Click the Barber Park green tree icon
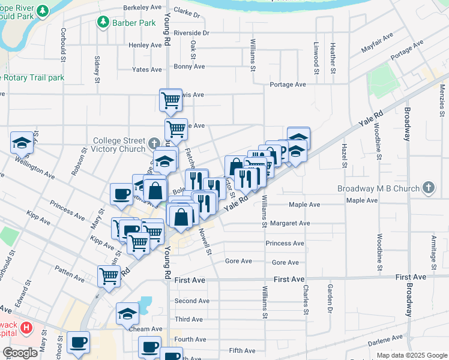point(103,22)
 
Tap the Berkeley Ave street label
point(142,7)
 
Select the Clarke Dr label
point(187,11)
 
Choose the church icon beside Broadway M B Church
point(428,188)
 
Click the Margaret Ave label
point(291,223)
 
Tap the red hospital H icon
point(26,328)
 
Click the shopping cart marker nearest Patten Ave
point(109,276)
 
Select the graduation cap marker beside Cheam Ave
point(127,314)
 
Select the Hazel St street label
point(345,155)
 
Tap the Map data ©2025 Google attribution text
point(411,355)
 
